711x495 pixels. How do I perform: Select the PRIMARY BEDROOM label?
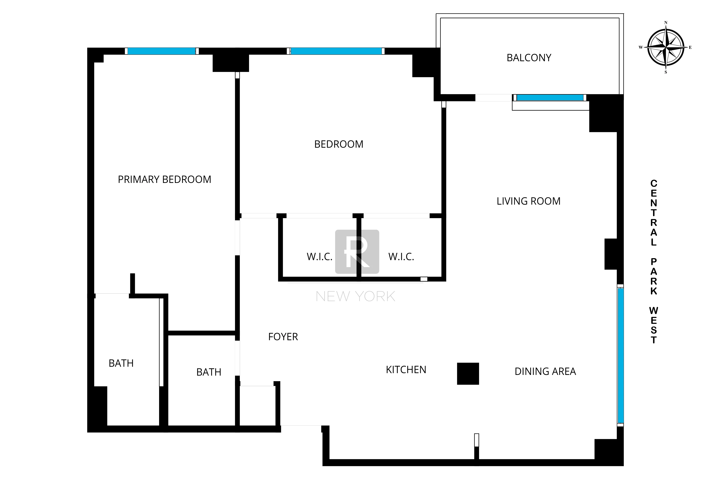point(164,180)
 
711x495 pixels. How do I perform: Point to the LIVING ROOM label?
point(528,201)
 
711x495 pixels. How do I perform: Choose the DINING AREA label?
point(545,371)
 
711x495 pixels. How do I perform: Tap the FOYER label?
point(283,337)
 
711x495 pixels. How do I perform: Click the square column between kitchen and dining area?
point(468,373)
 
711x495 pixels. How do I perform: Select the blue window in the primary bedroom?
point(161,51)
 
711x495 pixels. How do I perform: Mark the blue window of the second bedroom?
point(336,51)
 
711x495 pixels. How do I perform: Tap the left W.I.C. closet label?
point(319,257)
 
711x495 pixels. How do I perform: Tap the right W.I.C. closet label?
point(401,257)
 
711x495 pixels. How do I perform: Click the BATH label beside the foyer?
point(209,372)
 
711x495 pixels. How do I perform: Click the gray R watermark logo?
point(357,252)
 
